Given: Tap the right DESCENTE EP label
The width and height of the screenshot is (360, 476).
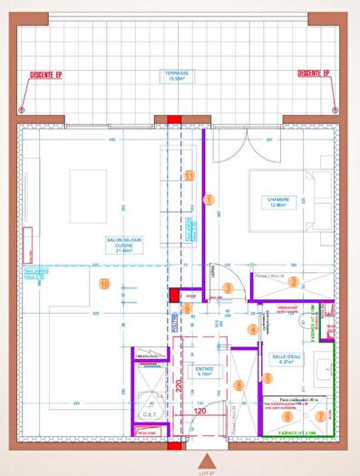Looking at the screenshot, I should coord(316,75).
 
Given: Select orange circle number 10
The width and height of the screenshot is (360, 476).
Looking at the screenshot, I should coord(105,284).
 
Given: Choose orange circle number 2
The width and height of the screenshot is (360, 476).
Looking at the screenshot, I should coord(293,281).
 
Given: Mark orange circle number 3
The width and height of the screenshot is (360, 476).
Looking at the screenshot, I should coord(229,288).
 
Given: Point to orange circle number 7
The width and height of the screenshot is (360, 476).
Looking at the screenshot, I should coord(320,417).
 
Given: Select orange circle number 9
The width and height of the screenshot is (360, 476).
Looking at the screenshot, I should coord(187,309).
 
